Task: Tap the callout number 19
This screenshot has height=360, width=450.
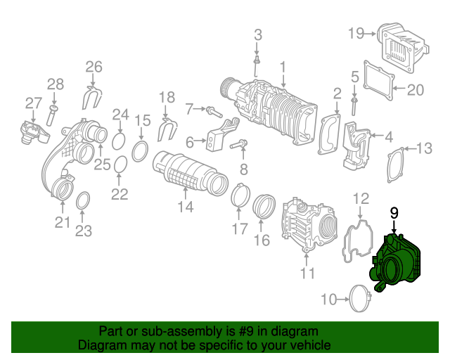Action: coord(355,32)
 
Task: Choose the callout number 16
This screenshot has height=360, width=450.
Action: coord(262,241)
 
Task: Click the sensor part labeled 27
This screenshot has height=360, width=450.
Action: coord(30,130)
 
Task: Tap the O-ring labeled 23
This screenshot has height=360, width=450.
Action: coord(82,200)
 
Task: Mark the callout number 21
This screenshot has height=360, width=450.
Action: coord(63,223)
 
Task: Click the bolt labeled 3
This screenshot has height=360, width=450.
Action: coord(257,64)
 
